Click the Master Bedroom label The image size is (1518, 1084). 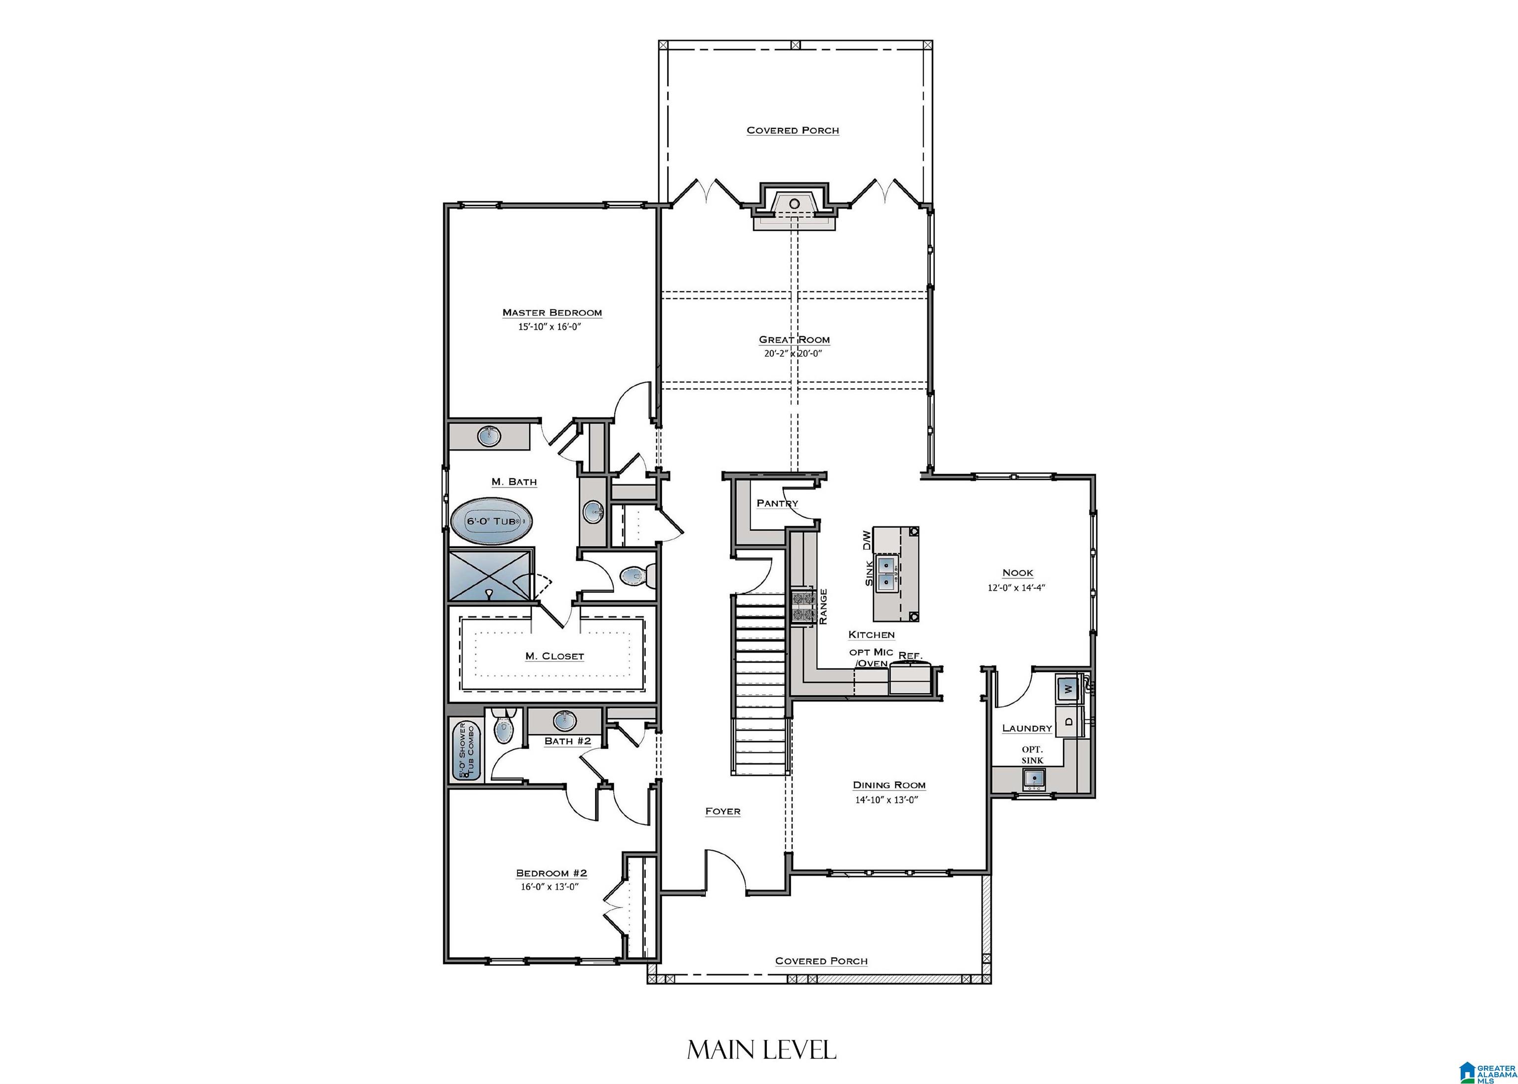click(x=552, y=312)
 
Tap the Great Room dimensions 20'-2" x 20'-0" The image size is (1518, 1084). click(x=793, y=354)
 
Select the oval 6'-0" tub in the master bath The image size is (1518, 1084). click(x=493, y=521)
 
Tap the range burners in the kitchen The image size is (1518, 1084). click(x=803, y=607)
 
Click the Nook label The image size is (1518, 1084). click(x=1017, y=573)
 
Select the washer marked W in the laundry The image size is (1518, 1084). click(x=1067, y=689)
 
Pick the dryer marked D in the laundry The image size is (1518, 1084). click(x=1067, y=721)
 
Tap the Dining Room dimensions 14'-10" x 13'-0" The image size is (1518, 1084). click(x=889, y=799)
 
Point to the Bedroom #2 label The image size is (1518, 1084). click(x=551, y=873)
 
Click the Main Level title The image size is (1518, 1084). click(x=761, y=1050)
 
